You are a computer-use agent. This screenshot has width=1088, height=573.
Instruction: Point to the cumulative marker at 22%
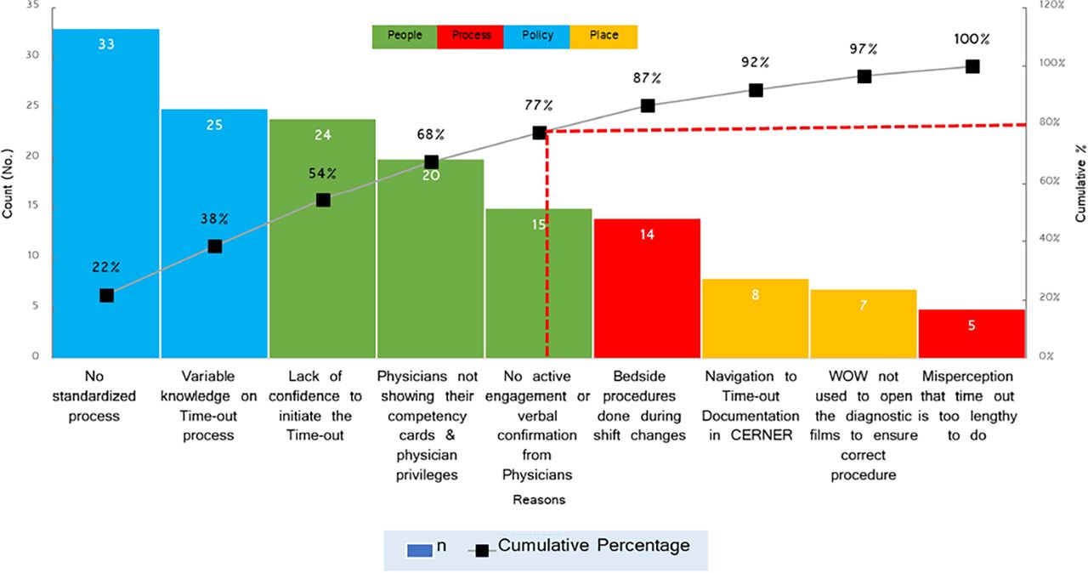tap(106, 295)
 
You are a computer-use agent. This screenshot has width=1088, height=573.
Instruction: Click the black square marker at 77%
tap(539, 133)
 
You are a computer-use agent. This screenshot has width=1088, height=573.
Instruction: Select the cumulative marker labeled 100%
tap(972, 66)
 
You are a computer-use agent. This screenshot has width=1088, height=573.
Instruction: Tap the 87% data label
tap(647, 78)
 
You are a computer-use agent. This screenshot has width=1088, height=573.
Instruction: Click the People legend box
tap(405, 36)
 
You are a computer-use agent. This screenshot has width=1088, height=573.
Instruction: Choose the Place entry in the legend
tap(603, 36)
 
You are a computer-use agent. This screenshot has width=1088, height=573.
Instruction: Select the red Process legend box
tap(471, 36)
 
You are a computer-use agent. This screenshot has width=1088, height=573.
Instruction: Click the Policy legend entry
tap(537, 36)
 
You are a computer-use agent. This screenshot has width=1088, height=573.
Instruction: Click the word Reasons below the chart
tap(538, 500)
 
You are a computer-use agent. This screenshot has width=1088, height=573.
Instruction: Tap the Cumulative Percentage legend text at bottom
tap(593, 546)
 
